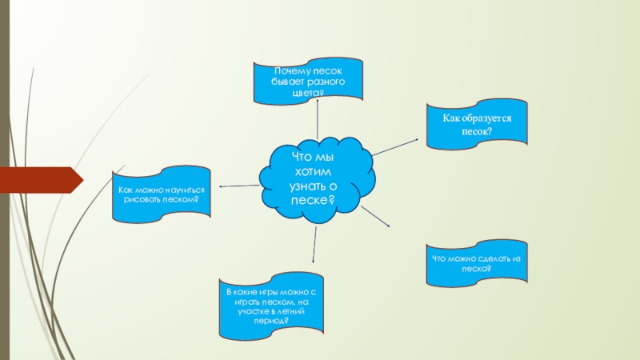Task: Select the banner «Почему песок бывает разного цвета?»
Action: (x=308, y=83)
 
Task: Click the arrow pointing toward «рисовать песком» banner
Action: (x=240, y=186)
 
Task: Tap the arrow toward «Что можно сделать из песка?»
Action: (x=374, y=216)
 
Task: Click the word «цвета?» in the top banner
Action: (x=308, y=94)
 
